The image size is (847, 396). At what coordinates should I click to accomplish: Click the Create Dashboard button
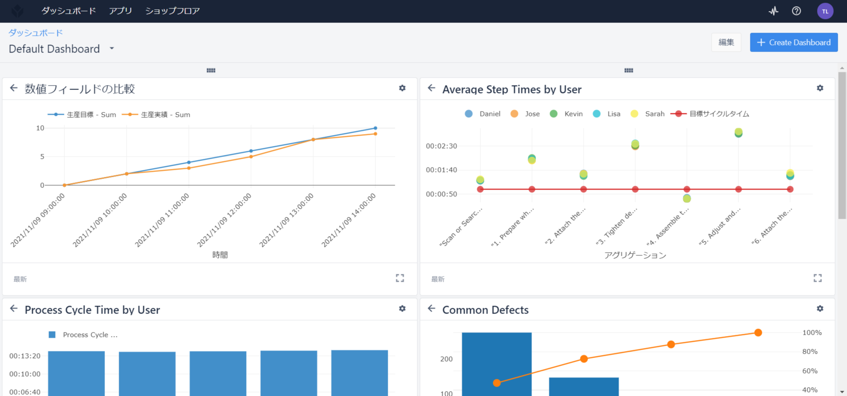pyautogui.click(x=794, y=42)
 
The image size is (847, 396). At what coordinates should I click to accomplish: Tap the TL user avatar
pyautogui.click(x=825, y=11)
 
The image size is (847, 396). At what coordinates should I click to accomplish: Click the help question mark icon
pyautogui.click(x=796, y=11)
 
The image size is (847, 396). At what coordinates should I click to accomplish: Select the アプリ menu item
pyautogui.click(x=120, y=11)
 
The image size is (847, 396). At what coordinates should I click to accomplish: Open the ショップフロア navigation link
pyautogui.click(x=172, y=11)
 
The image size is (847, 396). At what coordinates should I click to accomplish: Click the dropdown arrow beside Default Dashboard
pyautogui.click(x=112, y=48)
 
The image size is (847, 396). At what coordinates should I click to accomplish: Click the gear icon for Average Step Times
pyautogui.click(x=820, y=88)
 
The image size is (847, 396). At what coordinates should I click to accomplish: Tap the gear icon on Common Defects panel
pyautogui.click(x=820, y=309)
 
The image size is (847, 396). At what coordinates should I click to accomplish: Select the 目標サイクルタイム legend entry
pyautogui.click(x=710, y=114)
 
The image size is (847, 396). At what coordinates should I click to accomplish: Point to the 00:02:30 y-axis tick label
pyautogui.click(x=441, y=146)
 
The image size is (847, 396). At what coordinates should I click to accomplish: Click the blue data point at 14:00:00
pyautogui.click(x=375, y=128)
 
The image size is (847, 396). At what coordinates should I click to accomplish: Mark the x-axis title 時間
pyautogui.click(x=220, y=254)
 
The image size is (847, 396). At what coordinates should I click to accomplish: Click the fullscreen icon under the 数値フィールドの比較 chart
pyautogui.click(x=400, y=278)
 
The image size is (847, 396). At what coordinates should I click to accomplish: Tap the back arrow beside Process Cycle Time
pyautogui.click(x=14, y=309)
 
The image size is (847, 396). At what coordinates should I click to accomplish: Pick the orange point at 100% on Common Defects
pyautogui.click(x=758, y=332)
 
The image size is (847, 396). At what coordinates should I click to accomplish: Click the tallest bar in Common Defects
pyautogui.click(x=497, y=364)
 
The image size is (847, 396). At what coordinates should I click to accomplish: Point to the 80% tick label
pyautogui.click(x=810, y=351)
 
